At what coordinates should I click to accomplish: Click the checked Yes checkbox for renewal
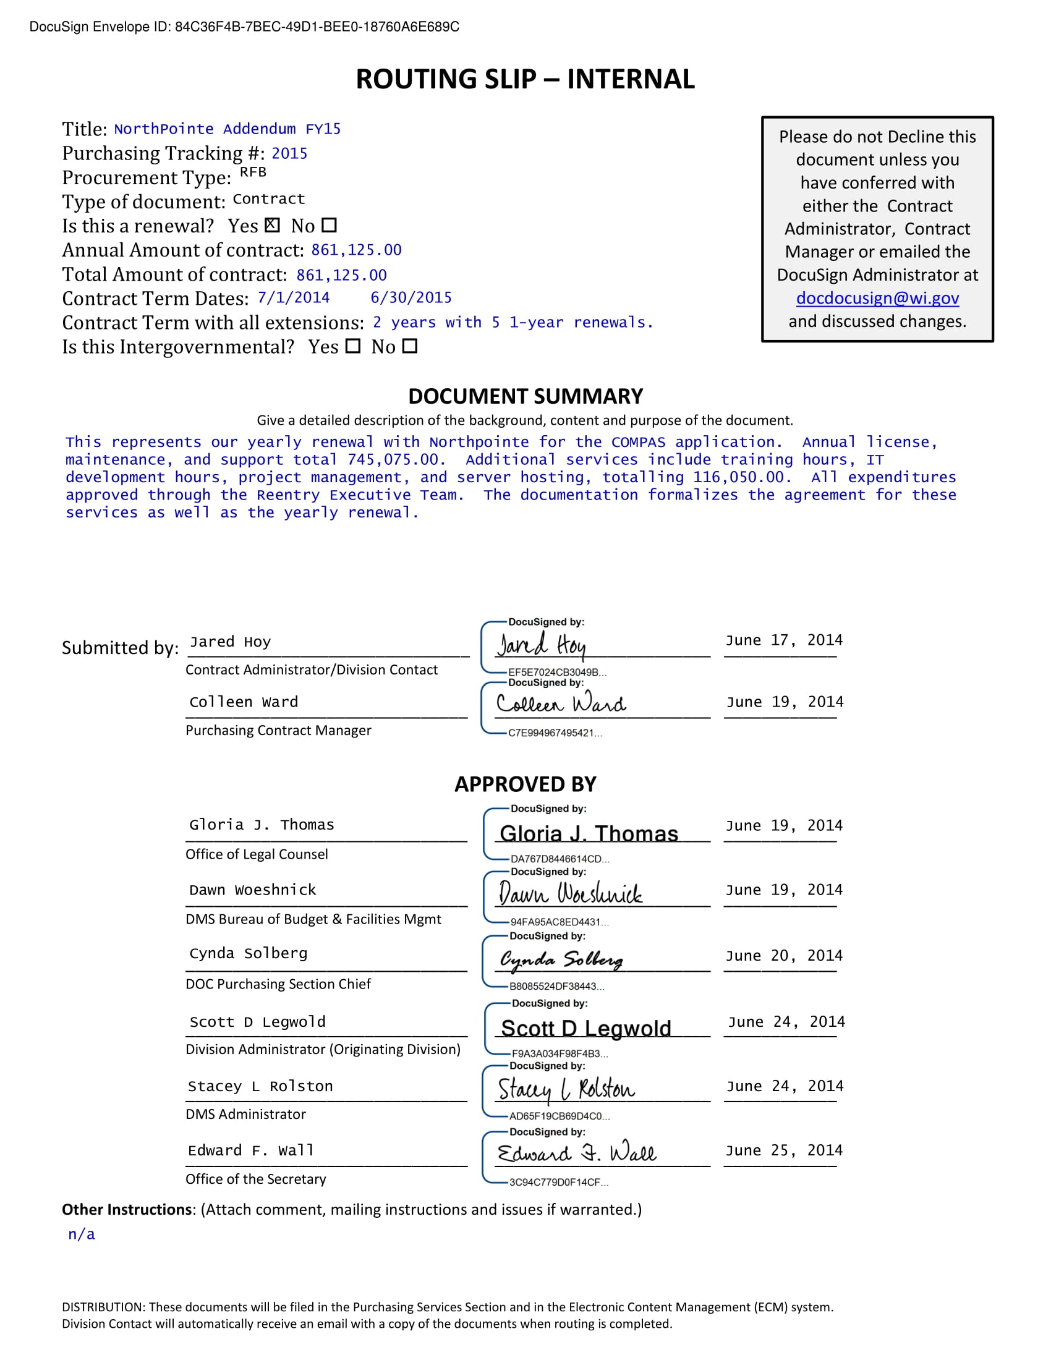point(272,225)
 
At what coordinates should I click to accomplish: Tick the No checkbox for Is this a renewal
point(329,225)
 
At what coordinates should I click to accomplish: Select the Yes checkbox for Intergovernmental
point(352,346)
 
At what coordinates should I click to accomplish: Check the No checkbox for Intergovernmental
point(409,346)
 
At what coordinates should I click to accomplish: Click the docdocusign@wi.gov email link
point(877,298)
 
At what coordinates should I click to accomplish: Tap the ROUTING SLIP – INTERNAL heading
point(525,79)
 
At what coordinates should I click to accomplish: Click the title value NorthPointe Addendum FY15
point(228,129)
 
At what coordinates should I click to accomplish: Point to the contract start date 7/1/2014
point(293,298)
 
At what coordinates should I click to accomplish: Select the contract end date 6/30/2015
point(411,298)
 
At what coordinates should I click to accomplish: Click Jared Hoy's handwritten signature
point(541,645)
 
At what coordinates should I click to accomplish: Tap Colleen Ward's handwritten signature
point(561,703)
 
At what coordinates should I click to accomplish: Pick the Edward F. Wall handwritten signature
point(576,1154)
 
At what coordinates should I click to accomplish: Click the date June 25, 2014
point(783,1150)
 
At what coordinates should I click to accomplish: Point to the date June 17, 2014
point(783,640)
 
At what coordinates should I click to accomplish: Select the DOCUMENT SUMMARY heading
point(525,396)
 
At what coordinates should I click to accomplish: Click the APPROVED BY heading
point(525,784)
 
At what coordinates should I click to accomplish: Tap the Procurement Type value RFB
point(253,172)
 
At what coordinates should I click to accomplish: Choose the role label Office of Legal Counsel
point(257,854)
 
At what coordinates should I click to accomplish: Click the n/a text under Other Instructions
point(82,1234)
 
